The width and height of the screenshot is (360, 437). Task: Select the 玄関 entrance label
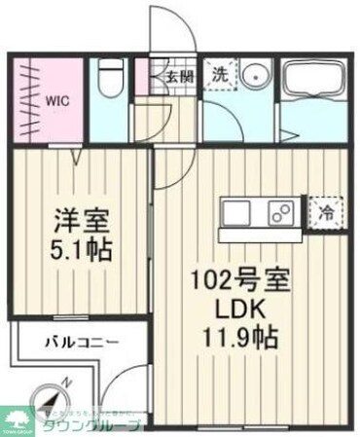tap(177, 75)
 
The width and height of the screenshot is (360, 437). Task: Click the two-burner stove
tap(282, 211)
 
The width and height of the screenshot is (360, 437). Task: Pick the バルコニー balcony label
tap(82, 343)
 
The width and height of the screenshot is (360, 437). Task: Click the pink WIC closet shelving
tap(24, 97)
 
